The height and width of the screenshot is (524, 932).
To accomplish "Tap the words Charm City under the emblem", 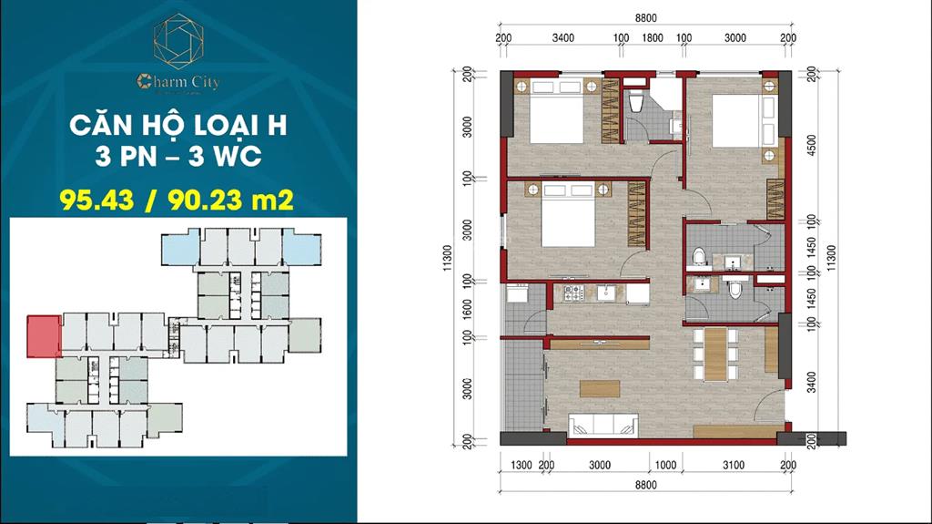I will pyautogui.click(x=178, y=82).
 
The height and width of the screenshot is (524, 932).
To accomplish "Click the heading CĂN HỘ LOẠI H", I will pyautogui.click(x=178, y=125).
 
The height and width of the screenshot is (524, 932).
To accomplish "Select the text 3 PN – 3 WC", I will pyautogui.click(x=178, y=157).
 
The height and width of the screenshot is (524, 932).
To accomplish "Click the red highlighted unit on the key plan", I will pyautogui.click(x=43, y=335).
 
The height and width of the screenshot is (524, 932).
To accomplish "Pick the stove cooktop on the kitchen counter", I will pyautogui.click(x=574, y=293).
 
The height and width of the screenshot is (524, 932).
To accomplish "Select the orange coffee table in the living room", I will pyautogui.click(x=599, y=387).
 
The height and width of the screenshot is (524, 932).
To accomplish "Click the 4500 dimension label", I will pyautogui.click(x=809, y=146).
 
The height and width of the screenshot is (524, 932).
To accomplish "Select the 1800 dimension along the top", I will pyautogui.click(x=653, y=38).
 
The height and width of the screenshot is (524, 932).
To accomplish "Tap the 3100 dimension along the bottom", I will pyautogui.click(x=733, y=466).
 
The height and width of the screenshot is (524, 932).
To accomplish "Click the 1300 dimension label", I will pyautogui.click(x=521, y=466).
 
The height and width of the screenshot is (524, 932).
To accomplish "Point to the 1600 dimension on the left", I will pyautogui.click(x=468, y=310).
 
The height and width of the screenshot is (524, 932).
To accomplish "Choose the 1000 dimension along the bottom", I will pyautogui.click(x=665, y=466).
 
